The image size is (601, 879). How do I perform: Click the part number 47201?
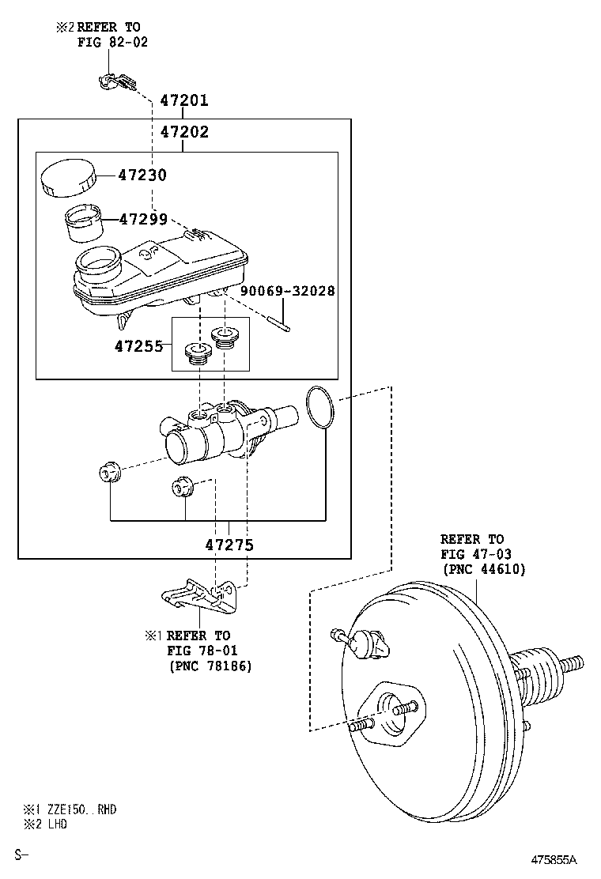(x=184, y=100)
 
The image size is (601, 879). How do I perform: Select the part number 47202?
(x=184, y=132)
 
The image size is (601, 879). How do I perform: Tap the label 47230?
(x=142, y=175)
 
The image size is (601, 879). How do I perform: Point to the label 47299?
(x=143, y=219)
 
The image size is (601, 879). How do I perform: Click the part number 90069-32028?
(x=288, y=291)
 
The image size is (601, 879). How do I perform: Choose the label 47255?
(x=138, y=346)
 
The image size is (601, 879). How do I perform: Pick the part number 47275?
(x=229, y=545)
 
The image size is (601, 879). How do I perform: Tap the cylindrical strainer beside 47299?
(x=84, y=224)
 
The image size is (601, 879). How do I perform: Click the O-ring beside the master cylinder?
(x=320, y=408)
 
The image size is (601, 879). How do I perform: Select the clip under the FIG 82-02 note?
(x=116, y=82)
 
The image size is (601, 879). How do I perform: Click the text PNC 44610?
(x=485, y=570)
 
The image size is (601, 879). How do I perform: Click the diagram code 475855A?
(x=554, y=860)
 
